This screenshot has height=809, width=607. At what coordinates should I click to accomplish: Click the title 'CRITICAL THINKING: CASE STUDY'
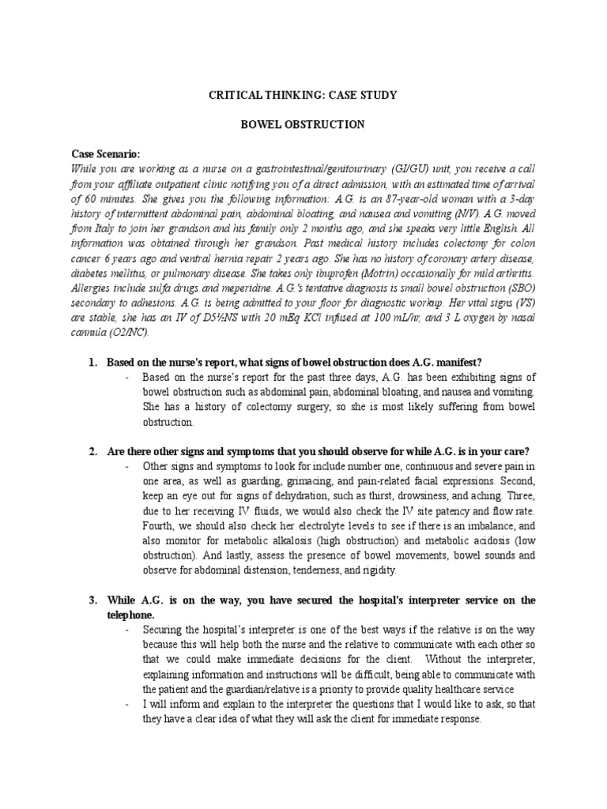coord(303,96)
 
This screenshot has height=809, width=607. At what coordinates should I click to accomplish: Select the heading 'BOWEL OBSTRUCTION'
coord(303,125)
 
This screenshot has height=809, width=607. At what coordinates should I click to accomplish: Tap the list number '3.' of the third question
coord(92,601)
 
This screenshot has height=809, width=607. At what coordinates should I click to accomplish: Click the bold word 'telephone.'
coord(132,614)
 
